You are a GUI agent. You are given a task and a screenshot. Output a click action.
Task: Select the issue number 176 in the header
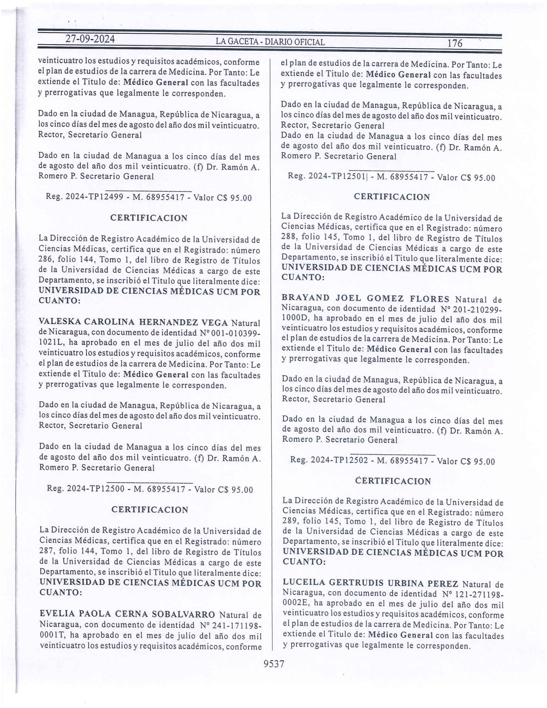pos(454,43)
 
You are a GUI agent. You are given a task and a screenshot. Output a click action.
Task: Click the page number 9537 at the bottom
pos(274,664)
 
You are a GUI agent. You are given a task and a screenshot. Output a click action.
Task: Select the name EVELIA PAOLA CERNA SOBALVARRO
pos(127,614)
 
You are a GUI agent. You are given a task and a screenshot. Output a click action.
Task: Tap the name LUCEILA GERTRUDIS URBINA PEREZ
pos(370,584)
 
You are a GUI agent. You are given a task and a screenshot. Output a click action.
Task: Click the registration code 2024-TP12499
pos(94,198)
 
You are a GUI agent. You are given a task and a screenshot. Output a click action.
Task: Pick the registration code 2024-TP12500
pos(95,489)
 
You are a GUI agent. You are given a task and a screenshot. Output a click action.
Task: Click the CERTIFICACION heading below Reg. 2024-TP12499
pos(149,218)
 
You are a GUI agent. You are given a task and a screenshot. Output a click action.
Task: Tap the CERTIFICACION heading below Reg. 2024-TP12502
pos(393,481)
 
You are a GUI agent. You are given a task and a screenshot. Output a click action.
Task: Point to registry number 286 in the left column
pos(46,260)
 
